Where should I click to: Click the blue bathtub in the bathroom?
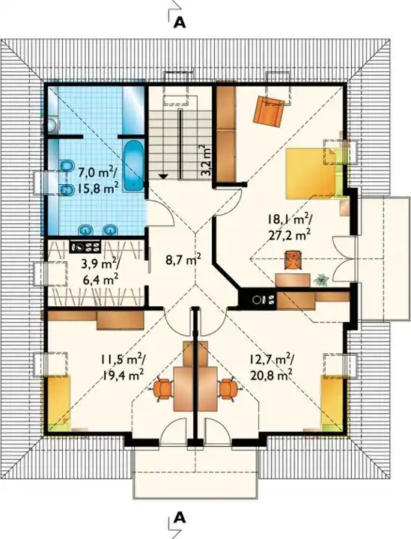point(133,165)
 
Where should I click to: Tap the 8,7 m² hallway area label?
point(183,260)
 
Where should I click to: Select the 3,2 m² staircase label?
point(205,160)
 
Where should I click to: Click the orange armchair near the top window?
point(269,110)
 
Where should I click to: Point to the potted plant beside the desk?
point(321,280)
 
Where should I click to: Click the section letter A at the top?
point(180,22)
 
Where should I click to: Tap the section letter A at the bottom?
point(180,517)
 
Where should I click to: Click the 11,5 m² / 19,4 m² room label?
point(122,367)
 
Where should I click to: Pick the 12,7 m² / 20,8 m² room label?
point(271,366)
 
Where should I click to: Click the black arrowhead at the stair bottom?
point(163,177)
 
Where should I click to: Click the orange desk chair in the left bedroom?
point(162,389)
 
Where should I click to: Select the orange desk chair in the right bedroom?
point(228,389)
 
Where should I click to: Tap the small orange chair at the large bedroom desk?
point(293,261)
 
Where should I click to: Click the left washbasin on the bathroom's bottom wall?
point(85,229)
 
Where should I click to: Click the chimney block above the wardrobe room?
point(85,247)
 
